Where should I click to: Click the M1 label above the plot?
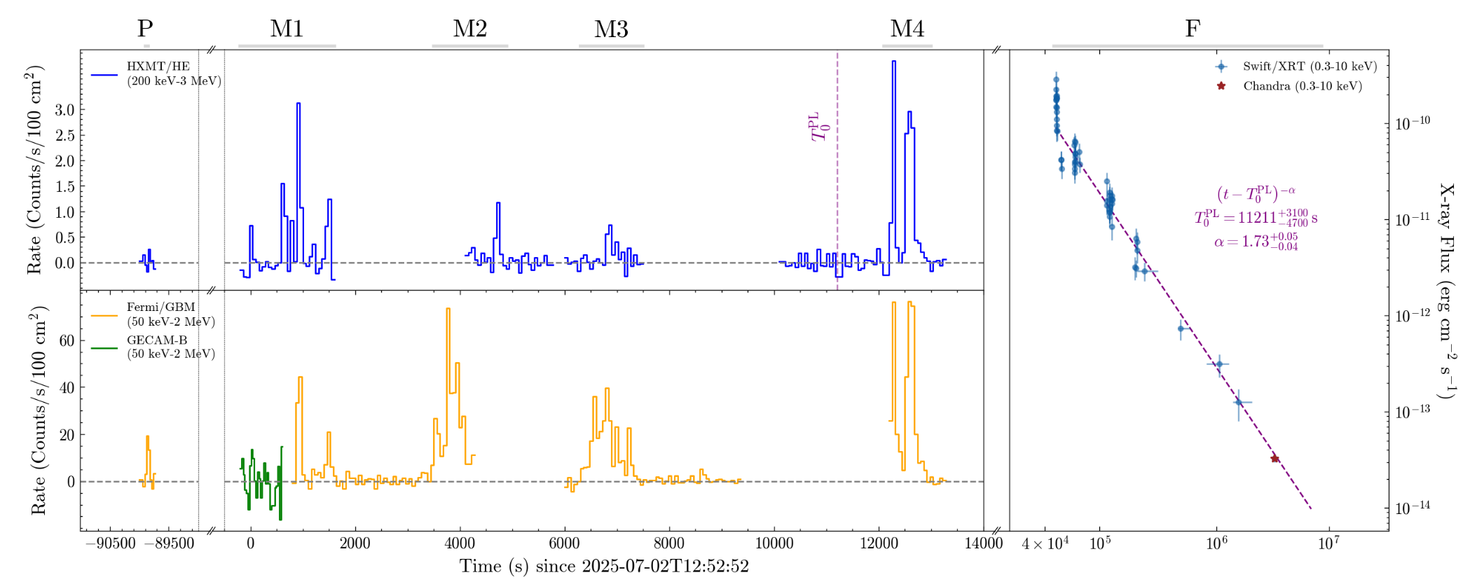(287, 29)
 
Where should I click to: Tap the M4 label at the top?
(907, 29)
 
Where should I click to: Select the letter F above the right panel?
(1192, 29)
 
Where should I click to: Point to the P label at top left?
(145, 29)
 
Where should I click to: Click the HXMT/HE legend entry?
(158, 74)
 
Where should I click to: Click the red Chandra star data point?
(1275, 459)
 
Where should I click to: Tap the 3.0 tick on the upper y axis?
(65, 110)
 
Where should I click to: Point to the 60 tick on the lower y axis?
(67, 341)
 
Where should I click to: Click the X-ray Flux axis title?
(1446, 291)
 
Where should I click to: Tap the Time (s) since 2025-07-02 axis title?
(604, 567)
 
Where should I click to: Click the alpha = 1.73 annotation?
(1256, 242)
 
